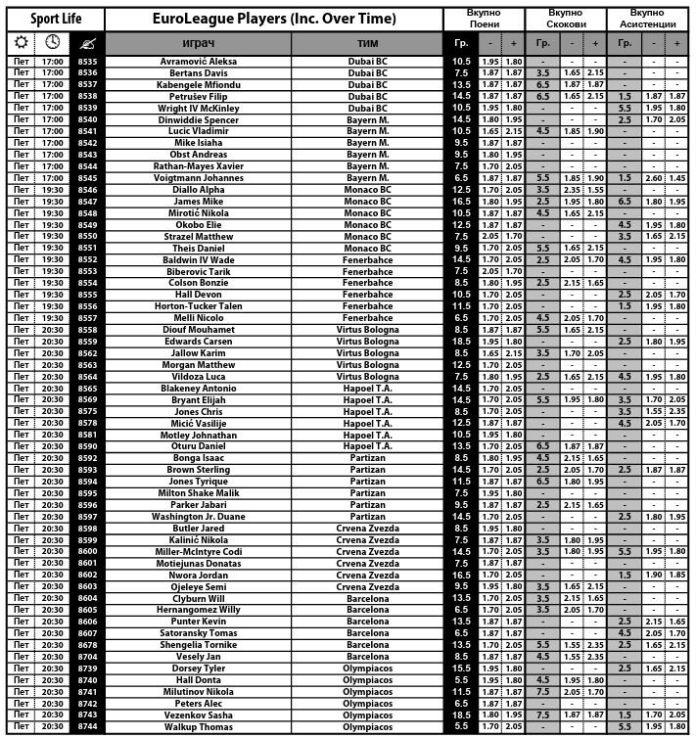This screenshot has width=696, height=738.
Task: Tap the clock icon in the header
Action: (x=53, y=43)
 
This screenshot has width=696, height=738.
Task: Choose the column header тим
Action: (x=368, y=44)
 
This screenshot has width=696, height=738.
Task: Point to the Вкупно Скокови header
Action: (x=568, y=19)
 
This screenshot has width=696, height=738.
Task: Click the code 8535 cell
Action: (x=88, y=62)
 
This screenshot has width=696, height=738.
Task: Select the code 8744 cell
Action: (x=88, y=727)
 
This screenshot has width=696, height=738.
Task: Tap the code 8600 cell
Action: (x=88, y=552)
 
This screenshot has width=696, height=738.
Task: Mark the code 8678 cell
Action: (x=88, y=645)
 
